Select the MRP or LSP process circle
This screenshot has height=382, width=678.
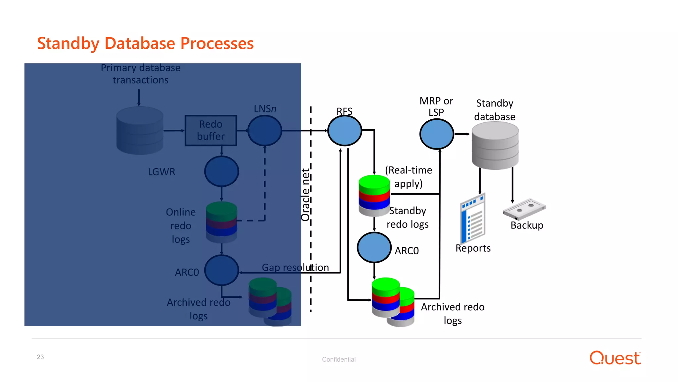[x=436, y=134]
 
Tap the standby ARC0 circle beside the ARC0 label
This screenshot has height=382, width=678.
[x=374, y=248]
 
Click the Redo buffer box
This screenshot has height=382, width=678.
[x=211, y=130]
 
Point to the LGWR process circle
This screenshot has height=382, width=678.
[x=221, y=171]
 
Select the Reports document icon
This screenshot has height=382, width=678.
[x=473, y=219]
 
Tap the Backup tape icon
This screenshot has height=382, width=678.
[x=524, y=209]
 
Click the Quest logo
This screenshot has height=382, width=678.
[x=615, y=358]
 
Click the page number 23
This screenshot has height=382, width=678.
[x=40, y=357]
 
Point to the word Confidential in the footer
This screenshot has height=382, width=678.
[x=339, y=359]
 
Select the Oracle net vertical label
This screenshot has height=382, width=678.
[x=305, y=195]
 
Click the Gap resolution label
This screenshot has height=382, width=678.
[x=295, y=267]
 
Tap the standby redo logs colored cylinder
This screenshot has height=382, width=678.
[x=374, y=196]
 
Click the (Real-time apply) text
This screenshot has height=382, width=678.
[x=409, y=177]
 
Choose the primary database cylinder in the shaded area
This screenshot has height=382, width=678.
[x=140, y=130]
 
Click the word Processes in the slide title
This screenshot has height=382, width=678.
[x=217, y=43]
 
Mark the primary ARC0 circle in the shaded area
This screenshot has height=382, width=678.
[x=221, y=271]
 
